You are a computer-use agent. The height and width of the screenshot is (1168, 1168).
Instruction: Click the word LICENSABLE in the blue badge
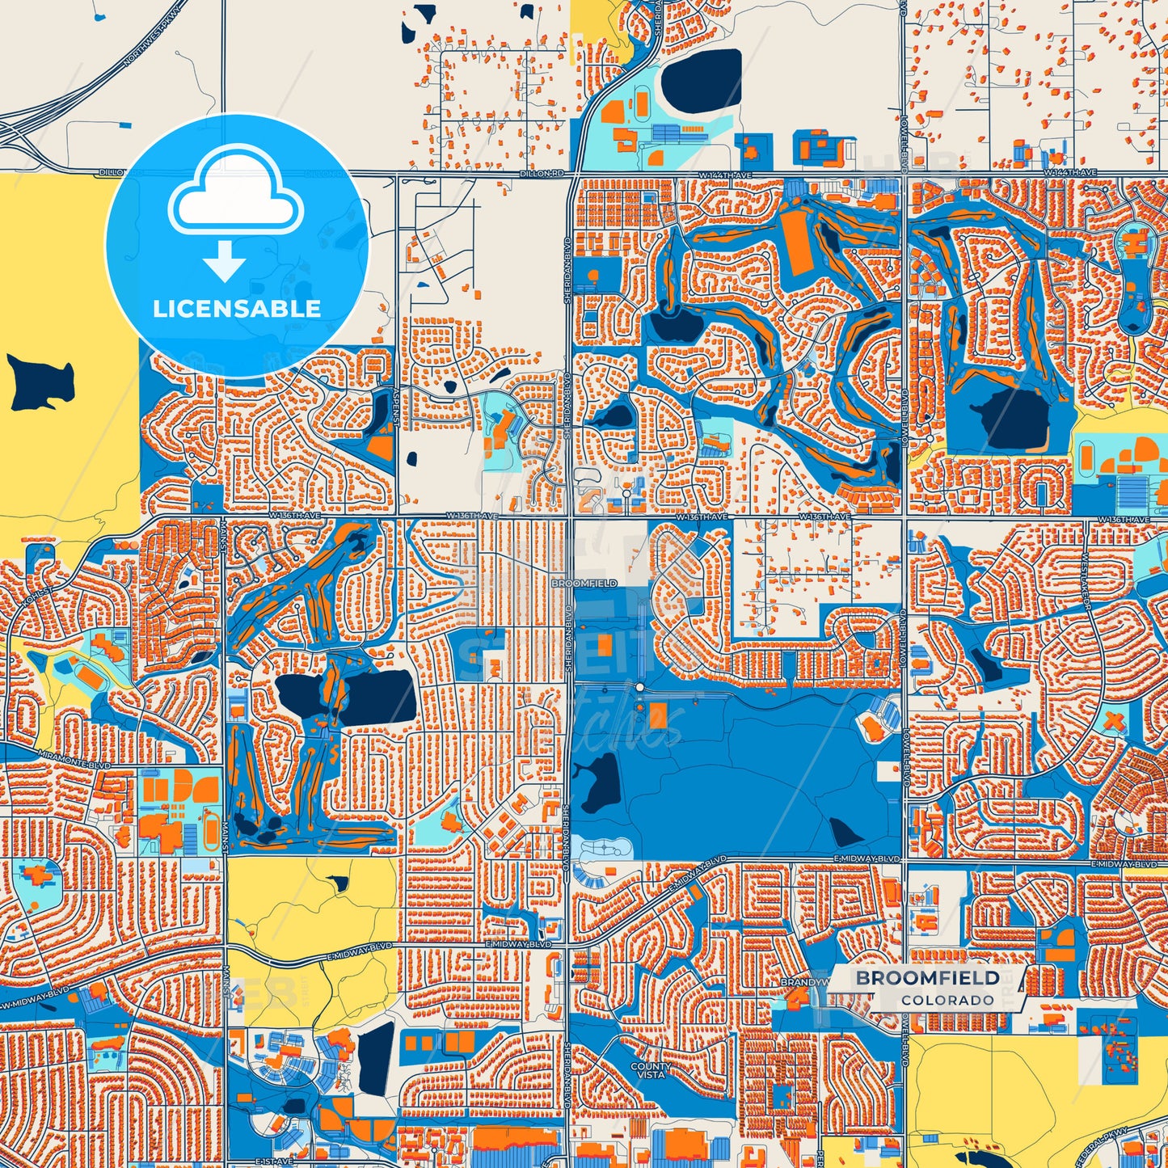coord(237,308)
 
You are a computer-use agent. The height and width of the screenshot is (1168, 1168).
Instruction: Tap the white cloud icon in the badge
coord(235,198)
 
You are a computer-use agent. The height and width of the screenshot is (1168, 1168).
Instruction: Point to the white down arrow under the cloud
coord(225,261)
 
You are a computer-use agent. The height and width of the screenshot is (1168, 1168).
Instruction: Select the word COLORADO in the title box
coord(947,1000)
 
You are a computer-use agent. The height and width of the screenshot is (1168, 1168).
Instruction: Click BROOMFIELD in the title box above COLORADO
coord(928,978)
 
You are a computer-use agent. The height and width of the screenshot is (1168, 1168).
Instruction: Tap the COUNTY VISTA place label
coord(651,1070)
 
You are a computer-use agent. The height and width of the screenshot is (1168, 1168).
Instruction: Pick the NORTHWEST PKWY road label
coord(150,44)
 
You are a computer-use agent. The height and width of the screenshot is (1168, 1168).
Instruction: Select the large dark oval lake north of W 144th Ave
coord(702,81)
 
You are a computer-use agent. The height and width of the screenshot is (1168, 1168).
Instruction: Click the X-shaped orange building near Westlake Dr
coord(1115,720)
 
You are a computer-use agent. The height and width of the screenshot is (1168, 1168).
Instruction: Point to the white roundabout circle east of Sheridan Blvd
coord(639,687)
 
